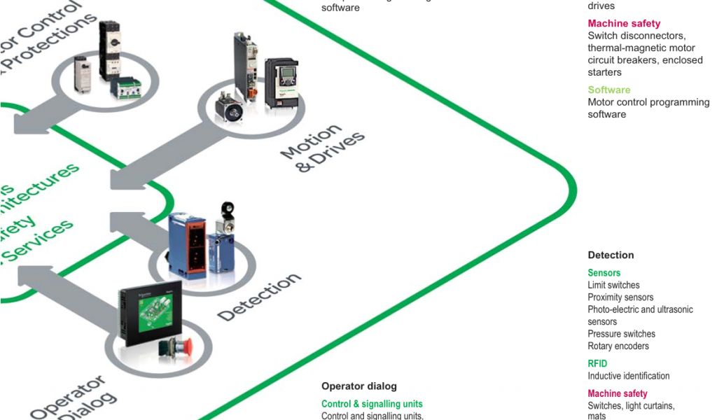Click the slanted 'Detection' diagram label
(258, 297)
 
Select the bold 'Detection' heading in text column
(611, 255)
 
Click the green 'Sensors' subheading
(604, 273)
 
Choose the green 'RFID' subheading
(597, 363)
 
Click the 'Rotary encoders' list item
(618, 346)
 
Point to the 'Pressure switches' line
(621, 334)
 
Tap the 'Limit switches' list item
(613, 285)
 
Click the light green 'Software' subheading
(608, 90)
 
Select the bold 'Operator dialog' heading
(358, 386)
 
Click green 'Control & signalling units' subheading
(372, 404)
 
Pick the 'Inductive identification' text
(628, 376)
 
